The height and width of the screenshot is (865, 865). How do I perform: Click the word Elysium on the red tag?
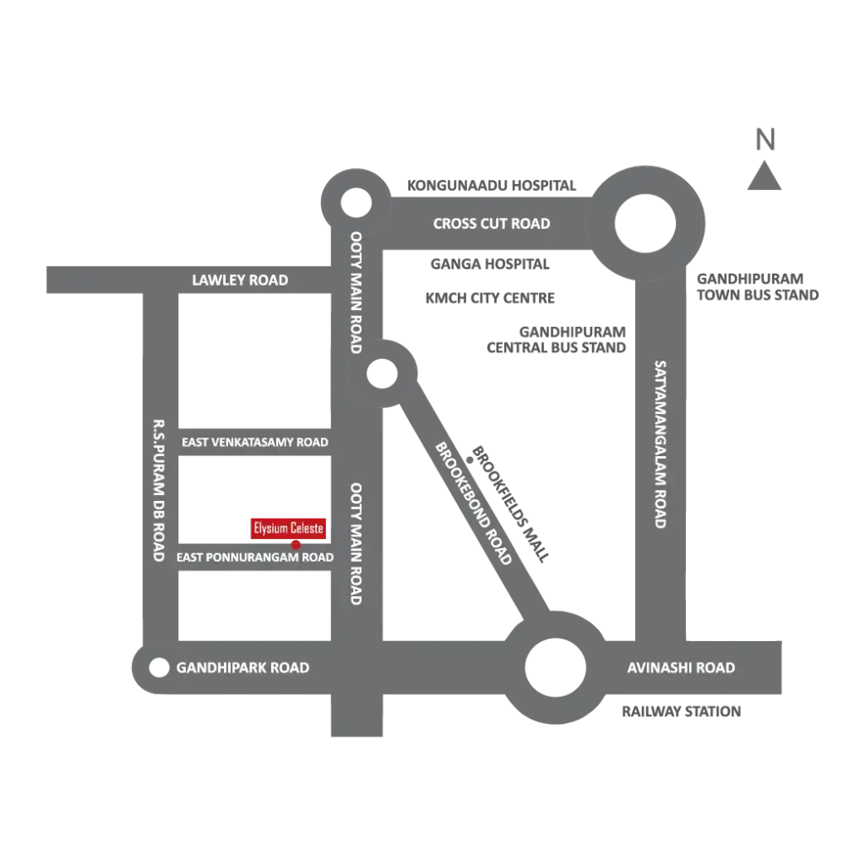click(x=270, y=529)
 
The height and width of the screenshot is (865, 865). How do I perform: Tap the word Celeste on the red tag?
click(x=306, y=529)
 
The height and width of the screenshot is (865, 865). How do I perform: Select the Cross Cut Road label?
click(x=491, y=224)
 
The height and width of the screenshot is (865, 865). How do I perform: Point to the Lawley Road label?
click(x=240, y=280)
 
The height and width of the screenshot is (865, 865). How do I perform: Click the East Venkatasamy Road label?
click(x=255, y=442)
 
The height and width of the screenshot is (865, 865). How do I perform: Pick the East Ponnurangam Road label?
click(x=255, y=558)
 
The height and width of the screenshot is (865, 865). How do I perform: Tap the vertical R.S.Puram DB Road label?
click(x=158, y=490)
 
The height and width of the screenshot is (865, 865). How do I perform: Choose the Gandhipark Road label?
click(x=242, y=668)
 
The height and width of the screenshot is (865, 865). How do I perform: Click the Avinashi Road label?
click(x=681, y=668)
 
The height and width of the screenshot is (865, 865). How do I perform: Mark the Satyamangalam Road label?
click(x=661, y=444)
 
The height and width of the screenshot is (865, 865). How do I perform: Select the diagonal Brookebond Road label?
click(x=473, y=503)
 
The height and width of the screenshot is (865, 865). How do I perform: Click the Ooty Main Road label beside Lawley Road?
click(x=356, y=292)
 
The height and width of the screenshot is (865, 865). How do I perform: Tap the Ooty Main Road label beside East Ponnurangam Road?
click(x=356, y=543)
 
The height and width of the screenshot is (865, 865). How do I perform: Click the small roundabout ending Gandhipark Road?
click(x=158, y=668)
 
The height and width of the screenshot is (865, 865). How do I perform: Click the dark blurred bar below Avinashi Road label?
click(x=683, y=713)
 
